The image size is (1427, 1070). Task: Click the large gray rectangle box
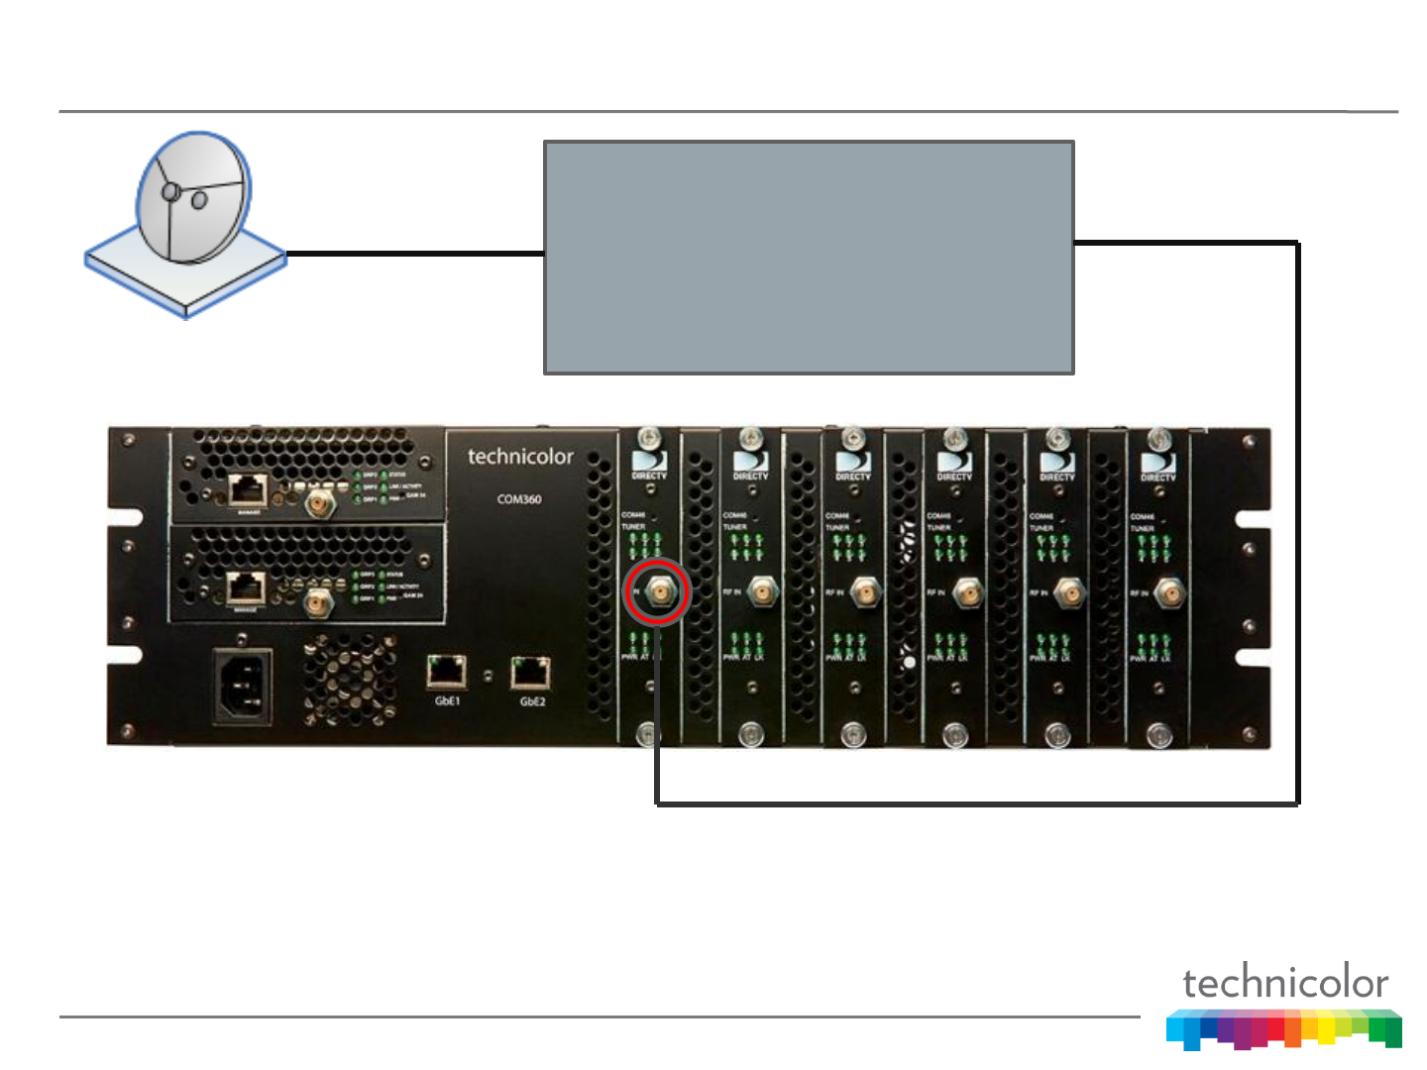click(x=809, y=258)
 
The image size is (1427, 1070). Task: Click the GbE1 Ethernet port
click(x=447, y=672)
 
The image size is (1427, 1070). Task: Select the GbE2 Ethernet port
click(x=531, y=672)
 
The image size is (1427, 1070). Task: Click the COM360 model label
click(x=519, y=499)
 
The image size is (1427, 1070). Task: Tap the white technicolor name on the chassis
click(x=520, y=457)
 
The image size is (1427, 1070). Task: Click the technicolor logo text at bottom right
click(x=1285, y=983)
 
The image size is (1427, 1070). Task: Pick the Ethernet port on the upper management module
click(x=247, y=489)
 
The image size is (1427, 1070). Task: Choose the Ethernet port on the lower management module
click(x=246, y=588)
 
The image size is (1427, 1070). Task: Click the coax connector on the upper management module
click(x=319, y=503)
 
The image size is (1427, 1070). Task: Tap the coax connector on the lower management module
click(x=317, y=600)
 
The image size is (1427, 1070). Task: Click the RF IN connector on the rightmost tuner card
click(x=1169, y=593)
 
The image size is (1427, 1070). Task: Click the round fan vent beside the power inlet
click(x=349, y=679)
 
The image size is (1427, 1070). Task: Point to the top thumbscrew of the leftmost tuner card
click(x=649, y=437)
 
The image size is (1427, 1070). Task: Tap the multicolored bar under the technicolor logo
click(x=1284, y=1028)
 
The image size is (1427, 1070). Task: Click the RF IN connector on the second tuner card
click(x=761, y=592)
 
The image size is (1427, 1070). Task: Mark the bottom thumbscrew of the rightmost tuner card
click(x=1158, y=735)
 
